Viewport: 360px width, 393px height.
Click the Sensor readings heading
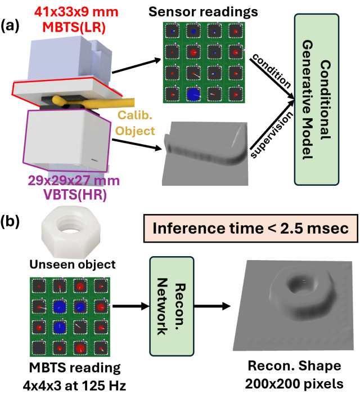tap(204, 11)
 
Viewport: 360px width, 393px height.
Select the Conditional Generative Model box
tap(316, 100)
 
